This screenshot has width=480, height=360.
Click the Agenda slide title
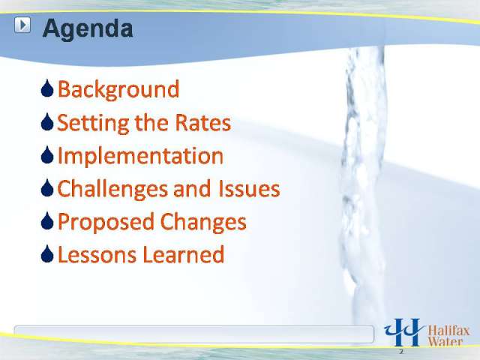point(88,29)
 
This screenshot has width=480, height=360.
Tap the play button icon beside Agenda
point(22,25)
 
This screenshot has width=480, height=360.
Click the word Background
point(118,90)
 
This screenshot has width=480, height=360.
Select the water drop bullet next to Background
point(47,88)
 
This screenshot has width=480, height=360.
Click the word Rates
point(202,123)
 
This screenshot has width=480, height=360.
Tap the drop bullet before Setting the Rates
point(47,121)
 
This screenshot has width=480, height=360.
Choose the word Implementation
point(140,156)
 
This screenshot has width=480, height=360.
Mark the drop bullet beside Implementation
point(47,154)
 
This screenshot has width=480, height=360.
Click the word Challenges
point(112,189)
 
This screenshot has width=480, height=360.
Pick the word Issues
point(249,188)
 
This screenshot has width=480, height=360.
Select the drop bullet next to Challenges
point(47,187)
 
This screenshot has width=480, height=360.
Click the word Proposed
point(106,222)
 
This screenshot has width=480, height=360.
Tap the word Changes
point(203,222)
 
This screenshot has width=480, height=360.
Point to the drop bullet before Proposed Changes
point(47,220)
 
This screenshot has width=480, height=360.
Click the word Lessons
point(97,255)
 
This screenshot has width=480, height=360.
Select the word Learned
point(184,255)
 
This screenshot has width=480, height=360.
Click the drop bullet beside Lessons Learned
point(47,253)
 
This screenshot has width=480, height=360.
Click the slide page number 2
point(401,352)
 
